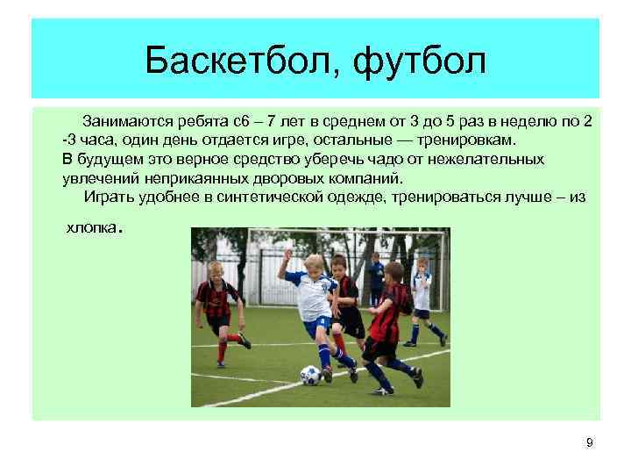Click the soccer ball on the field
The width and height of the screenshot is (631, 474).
click(310, 375)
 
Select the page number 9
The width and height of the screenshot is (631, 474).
click(589, 442)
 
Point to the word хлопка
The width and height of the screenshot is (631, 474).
click(92, 228)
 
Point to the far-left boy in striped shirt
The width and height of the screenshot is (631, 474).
click(215, 307)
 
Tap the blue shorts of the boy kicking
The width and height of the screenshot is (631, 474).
click(317, 324)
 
